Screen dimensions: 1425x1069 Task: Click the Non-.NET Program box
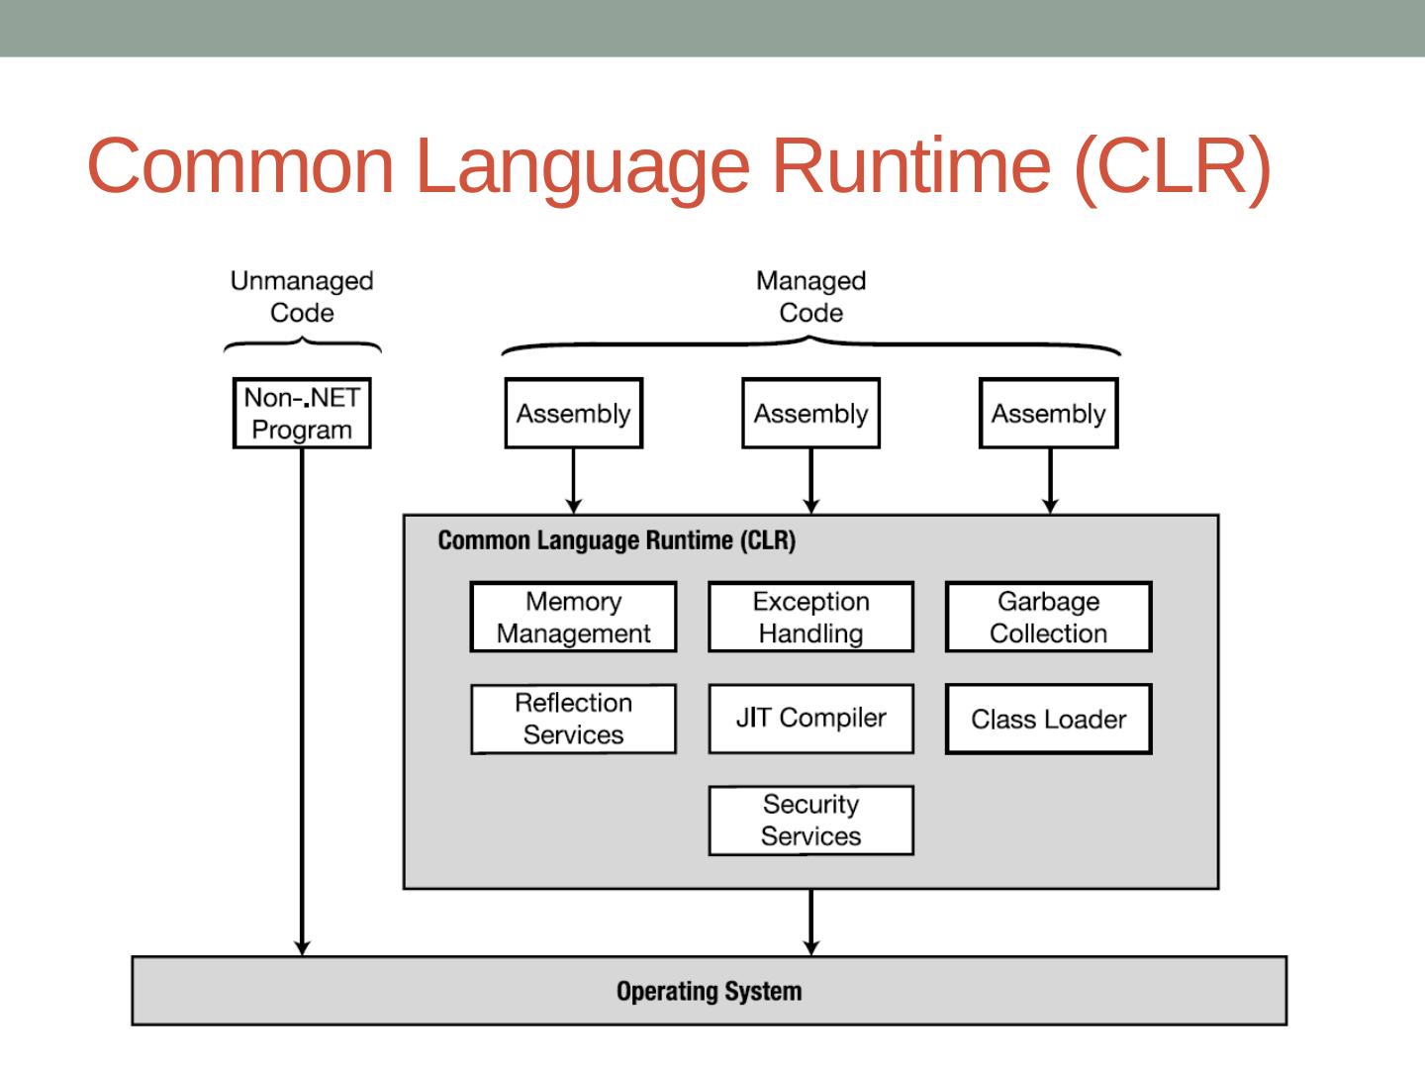coord(302,414)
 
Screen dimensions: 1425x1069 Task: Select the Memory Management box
coord(573,617)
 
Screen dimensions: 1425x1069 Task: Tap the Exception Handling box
coord(810,617)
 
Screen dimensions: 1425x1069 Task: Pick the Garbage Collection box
coord(1048,617)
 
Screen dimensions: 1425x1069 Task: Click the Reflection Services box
coord(573,719)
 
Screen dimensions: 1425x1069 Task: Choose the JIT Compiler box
coord(810,719)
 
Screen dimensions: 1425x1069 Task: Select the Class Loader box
coord(1048,719)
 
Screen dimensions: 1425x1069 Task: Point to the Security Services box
coord(810,821)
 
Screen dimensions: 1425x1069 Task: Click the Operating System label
coord(709,991)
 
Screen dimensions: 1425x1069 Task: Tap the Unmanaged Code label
coord(302,297)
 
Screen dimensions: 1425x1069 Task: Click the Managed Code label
coord(810,297)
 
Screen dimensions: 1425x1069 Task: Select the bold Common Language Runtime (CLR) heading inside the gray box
coord(617,540)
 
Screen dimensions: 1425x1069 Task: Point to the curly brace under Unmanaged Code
coord(303,344)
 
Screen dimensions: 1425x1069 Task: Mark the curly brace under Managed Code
coord(810,345)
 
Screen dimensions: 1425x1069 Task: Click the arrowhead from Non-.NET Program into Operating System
coord(302,947)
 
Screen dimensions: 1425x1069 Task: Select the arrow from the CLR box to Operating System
coord(810,923)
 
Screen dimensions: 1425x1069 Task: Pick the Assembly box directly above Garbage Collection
coord(1048,414)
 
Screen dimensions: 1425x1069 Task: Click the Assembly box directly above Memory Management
coord(573,414)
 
